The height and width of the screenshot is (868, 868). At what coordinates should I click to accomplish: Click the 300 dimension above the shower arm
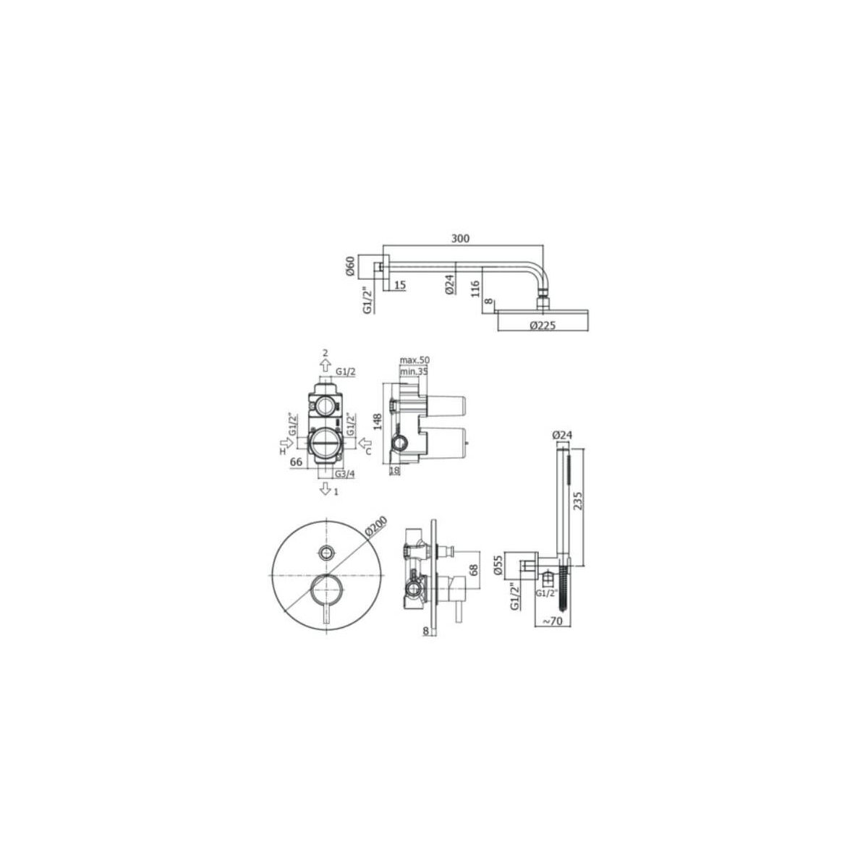point(460,238)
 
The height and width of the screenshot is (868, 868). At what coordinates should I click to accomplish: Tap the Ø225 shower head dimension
point(542,325)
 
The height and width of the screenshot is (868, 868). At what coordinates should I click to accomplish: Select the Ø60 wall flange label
point(353,267)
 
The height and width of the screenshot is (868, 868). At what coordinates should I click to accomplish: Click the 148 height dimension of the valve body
point(378,422)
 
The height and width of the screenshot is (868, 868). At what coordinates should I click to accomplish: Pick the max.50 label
point(415,360)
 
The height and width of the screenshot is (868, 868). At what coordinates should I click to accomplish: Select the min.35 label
point(414,371)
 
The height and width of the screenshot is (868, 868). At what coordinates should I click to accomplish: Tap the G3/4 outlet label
point(344,473)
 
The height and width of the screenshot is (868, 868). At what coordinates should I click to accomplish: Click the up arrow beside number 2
point(326,365)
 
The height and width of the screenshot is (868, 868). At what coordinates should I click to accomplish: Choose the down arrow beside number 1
point(325,488)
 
